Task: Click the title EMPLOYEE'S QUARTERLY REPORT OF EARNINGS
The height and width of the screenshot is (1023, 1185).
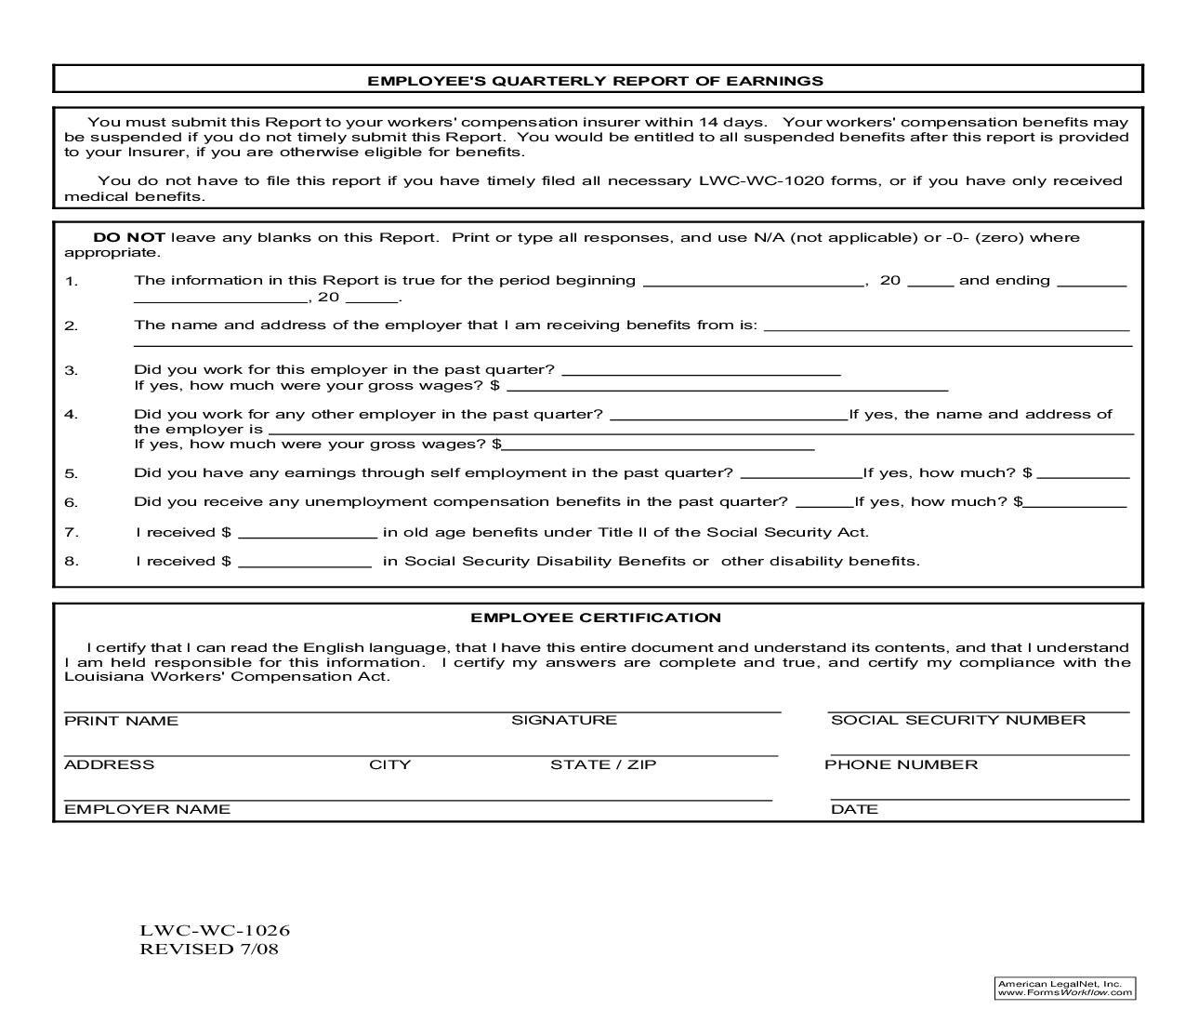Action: pos(595,81)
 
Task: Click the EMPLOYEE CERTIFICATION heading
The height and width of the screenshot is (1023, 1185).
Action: pos(595,618)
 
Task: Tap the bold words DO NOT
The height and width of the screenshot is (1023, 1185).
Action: pos(129,237)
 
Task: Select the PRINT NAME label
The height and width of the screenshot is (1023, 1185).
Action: pos(121,721)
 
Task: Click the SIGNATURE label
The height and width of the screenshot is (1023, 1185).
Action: pos(563,720)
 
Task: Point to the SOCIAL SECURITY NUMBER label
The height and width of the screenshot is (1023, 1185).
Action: pos(957,720)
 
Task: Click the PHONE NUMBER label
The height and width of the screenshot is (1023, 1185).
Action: pos(901,764)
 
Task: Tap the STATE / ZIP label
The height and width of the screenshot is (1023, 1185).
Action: pos(602,764)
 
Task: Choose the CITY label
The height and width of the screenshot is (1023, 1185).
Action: pos(389,764)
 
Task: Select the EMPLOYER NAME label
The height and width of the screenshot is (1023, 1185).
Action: pos(147,809)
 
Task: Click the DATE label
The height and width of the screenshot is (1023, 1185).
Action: pos(854,809)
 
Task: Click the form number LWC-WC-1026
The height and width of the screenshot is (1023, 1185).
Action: pos(215,930)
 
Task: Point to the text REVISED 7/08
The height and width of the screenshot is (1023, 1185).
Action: pos(208,949)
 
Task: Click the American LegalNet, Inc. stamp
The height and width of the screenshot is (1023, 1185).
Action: pos(1064,988)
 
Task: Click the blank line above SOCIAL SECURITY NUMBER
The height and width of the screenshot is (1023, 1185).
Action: pos(978,711)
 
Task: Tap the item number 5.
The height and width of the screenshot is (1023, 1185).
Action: pos(71,473)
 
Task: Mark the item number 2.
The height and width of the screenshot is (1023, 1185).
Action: pos(71,325)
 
